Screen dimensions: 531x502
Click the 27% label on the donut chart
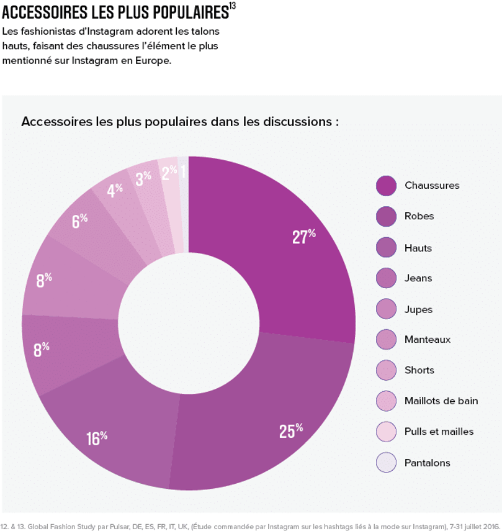pos(304,237)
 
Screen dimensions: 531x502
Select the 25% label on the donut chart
pos(290,430)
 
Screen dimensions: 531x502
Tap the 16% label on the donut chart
pos(97,438)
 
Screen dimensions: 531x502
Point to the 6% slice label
pos(79,220)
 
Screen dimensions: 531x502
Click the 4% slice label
pos(114,190)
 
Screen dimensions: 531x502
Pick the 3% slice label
pos(143,178)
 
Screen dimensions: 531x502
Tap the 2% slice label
pos(169,173)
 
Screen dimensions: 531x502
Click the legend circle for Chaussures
pos(386,186)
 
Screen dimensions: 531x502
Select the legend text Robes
pos(419,216)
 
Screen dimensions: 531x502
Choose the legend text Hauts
pos(418,248)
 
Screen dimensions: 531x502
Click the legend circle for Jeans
pos(386,278)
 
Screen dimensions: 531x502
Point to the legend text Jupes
pos(418,309)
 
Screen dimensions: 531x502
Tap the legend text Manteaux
pos(427,340)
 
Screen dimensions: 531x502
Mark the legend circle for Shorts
pos(386,370)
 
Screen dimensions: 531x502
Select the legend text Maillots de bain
pos(441,401)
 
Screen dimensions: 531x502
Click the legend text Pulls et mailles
pos(439,432)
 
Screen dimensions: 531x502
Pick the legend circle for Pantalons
pos(386,463)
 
